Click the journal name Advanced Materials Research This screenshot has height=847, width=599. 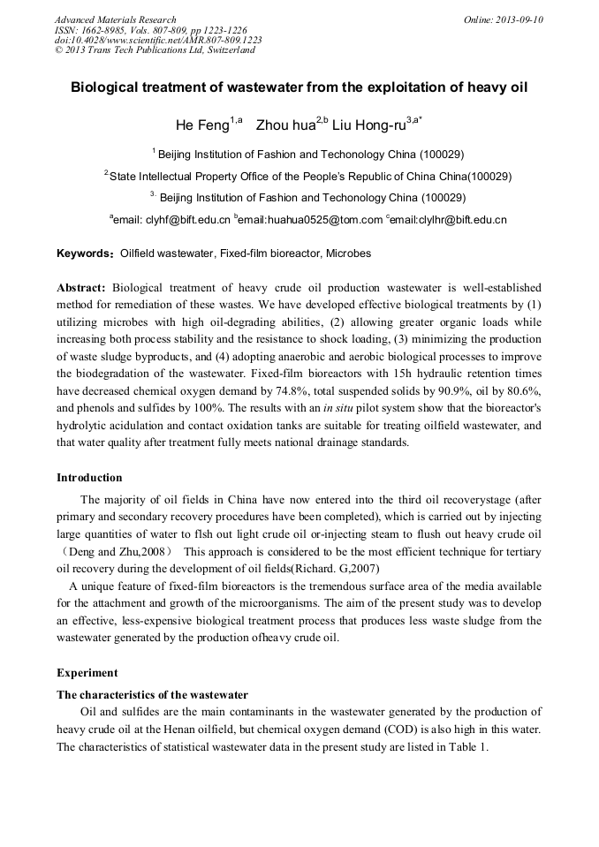[115, 19]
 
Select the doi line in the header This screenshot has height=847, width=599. [158, 41]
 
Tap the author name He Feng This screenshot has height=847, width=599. [202, 126]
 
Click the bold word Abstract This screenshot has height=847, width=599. [81, 288]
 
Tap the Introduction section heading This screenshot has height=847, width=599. [89, 478]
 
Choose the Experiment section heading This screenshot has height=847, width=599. [87, 672]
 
